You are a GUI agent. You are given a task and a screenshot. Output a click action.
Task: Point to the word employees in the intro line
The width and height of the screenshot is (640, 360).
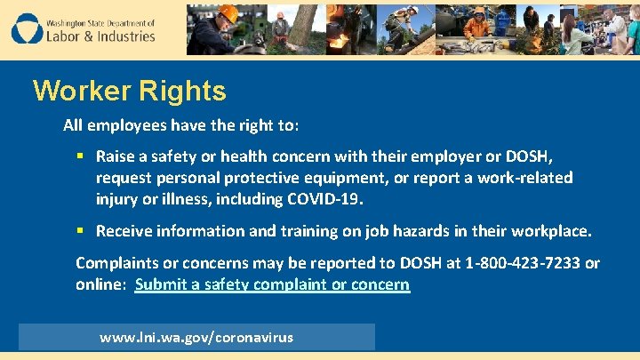[x=121, y=125]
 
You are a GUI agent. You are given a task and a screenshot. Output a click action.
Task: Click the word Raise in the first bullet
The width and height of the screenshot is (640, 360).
[x=116, y=156]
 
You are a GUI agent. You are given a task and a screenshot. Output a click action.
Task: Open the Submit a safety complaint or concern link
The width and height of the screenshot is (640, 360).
[x=272, y=285]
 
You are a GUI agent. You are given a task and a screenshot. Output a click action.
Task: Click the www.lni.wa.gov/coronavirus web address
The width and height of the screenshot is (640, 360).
[x=196, y=338]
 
